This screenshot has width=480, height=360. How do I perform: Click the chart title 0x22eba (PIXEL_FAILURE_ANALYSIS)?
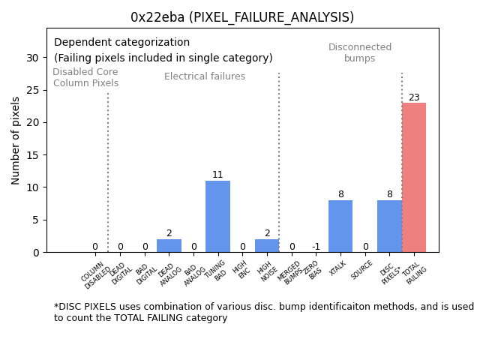(241, 17)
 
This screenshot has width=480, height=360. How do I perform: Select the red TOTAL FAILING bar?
(414, 178)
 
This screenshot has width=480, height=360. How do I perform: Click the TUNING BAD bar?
(217, 217)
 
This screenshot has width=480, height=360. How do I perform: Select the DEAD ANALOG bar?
(169, 246)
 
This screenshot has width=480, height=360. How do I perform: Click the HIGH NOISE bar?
(267, 246)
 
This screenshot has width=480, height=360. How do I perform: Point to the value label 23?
(414, 97)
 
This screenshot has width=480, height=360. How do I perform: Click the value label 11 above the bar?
(217, 175)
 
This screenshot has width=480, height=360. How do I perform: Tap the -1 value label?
(316, 247)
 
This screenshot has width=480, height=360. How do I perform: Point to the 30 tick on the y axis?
(32, 58)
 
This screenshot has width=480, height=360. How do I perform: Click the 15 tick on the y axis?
(32, 155)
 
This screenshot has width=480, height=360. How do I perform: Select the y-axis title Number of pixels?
(16, 140)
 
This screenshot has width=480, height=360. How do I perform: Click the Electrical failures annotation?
(205, 76)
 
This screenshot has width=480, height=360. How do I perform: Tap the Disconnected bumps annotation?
(360, 52)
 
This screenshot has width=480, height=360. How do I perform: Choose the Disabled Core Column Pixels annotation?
(85, 78)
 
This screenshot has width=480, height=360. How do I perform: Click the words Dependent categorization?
(121, 43)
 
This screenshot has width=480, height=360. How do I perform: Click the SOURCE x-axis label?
(362, 270)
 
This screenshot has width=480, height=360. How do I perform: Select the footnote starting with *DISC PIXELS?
(263, 312)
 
